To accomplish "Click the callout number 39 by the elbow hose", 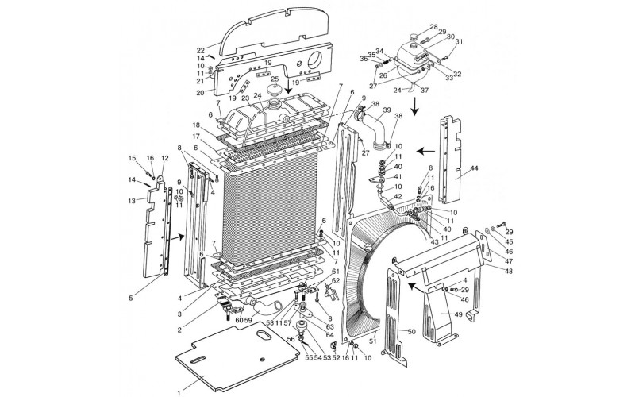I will pos(387,110).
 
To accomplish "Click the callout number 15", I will pos(133,158).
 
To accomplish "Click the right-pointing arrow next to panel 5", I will pos(180,236).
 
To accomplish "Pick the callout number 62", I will pos(337,281).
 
